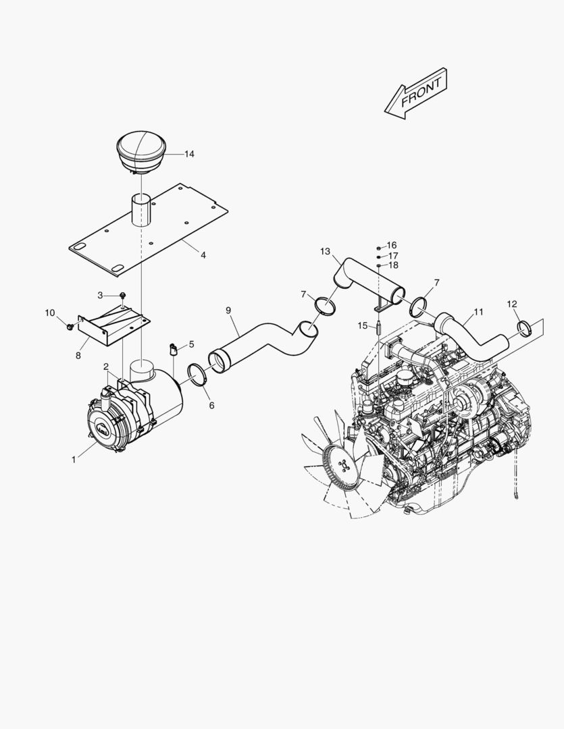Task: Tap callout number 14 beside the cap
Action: click(x=189, y=155)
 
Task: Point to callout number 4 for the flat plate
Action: click(x=203, y=255)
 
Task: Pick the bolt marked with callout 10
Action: click(x=69, y=327)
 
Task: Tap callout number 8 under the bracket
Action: click(x=79, y=355)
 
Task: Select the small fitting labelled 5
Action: click(x=173, y=349)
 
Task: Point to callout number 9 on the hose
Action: click(x=228, y=310)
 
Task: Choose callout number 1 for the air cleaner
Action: click(x=74, y=460)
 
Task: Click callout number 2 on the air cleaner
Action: click(x=106, y=367)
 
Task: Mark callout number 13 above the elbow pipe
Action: click(x=326, y=252)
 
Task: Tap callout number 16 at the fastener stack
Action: click(x=392, y=245)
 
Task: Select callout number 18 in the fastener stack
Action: click(x=393, y=265)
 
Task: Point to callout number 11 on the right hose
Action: click(x=478, y=312)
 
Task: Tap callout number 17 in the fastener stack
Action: click(x=393, y=255)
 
